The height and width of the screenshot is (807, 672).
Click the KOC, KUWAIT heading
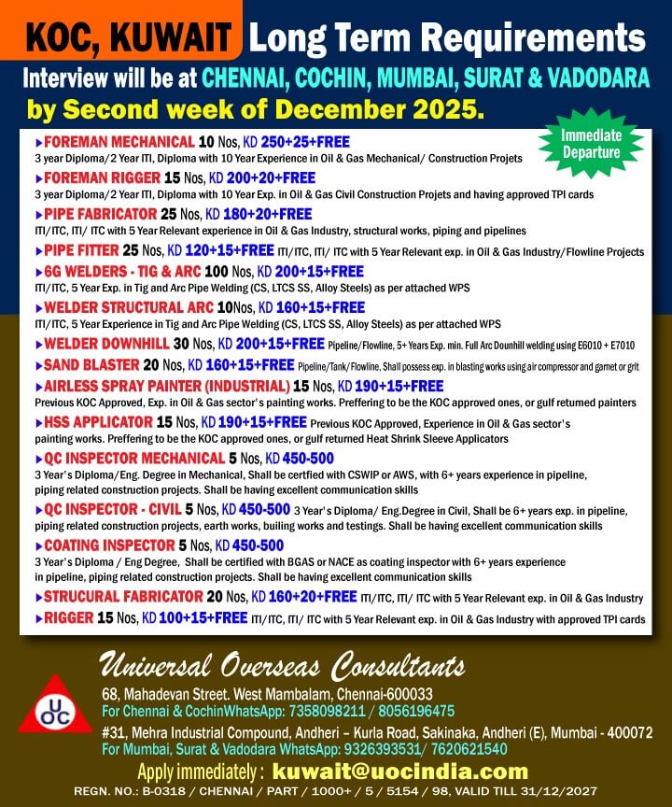point(129,37)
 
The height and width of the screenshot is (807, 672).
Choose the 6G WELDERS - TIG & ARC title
point(126,271)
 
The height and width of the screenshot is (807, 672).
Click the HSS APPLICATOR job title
point(96,421)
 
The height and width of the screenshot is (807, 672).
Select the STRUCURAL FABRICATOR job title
point(123,596)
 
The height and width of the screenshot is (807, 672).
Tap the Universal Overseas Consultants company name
point(282,667)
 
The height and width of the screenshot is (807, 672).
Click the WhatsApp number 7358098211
point(311,711)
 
